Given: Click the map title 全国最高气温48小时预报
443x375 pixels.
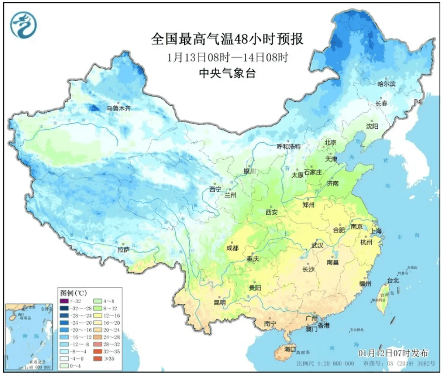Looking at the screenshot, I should [227, 39].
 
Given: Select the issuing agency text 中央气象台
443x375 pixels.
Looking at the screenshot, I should [227, 74].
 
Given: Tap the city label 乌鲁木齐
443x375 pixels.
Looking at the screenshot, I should [118, 108].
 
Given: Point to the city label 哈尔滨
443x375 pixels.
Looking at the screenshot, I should [387, 84].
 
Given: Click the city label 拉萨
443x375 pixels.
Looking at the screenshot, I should [123, 249].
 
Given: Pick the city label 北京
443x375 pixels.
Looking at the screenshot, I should [330, 143].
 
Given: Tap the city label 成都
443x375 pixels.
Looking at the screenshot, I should [233, 247].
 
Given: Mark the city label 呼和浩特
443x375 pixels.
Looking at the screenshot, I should [288, 147].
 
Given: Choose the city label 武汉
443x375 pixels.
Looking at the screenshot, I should [317, 245].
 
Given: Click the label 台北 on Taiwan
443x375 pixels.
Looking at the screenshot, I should [393, 280].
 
